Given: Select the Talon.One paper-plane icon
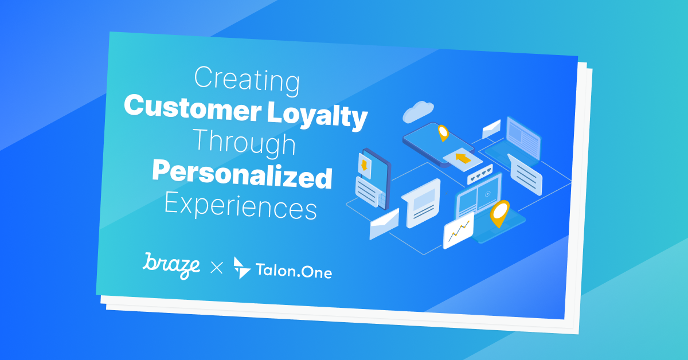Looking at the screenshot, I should (x=242, y=267).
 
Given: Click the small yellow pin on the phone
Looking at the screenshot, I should (x=443, y=133).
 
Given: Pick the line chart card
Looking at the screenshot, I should (x=459, y=230).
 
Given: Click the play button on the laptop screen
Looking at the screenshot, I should (x=487, y=193).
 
